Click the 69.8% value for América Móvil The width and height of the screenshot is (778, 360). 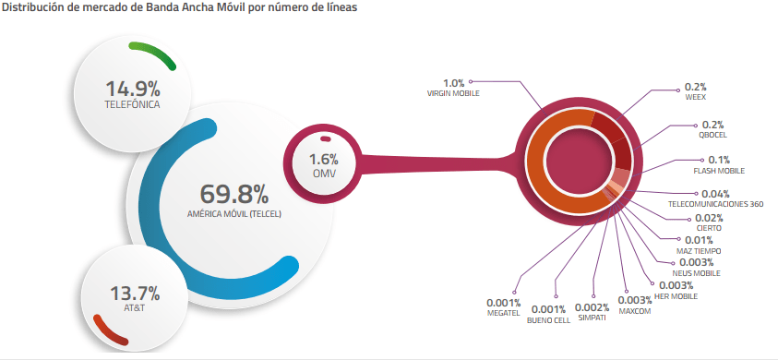233,195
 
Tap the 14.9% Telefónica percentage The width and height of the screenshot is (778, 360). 133,90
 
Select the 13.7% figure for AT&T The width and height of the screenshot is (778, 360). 135,294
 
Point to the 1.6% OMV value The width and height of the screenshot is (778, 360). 324,160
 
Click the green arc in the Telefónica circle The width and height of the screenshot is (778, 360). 155,53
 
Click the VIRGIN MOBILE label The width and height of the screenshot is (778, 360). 453,93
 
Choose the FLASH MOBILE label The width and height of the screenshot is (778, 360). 718,171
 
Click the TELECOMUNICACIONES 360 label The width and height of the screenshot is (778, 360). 715,204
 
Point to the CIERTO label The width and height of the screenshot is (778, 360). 709,228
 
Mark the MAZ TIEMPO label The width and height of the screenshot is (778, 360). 699,251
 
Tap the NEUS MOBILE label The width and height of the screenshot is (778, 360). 696,273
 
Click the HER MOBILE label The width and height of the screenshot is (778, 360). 677,296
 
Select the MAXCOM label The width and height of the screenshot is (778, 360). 635,311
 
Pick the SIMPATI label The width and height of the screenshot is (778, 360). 592,318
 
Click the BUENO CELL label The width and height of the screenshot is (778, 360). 548,320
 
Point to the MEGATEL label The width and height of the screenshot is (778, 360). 504,313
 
